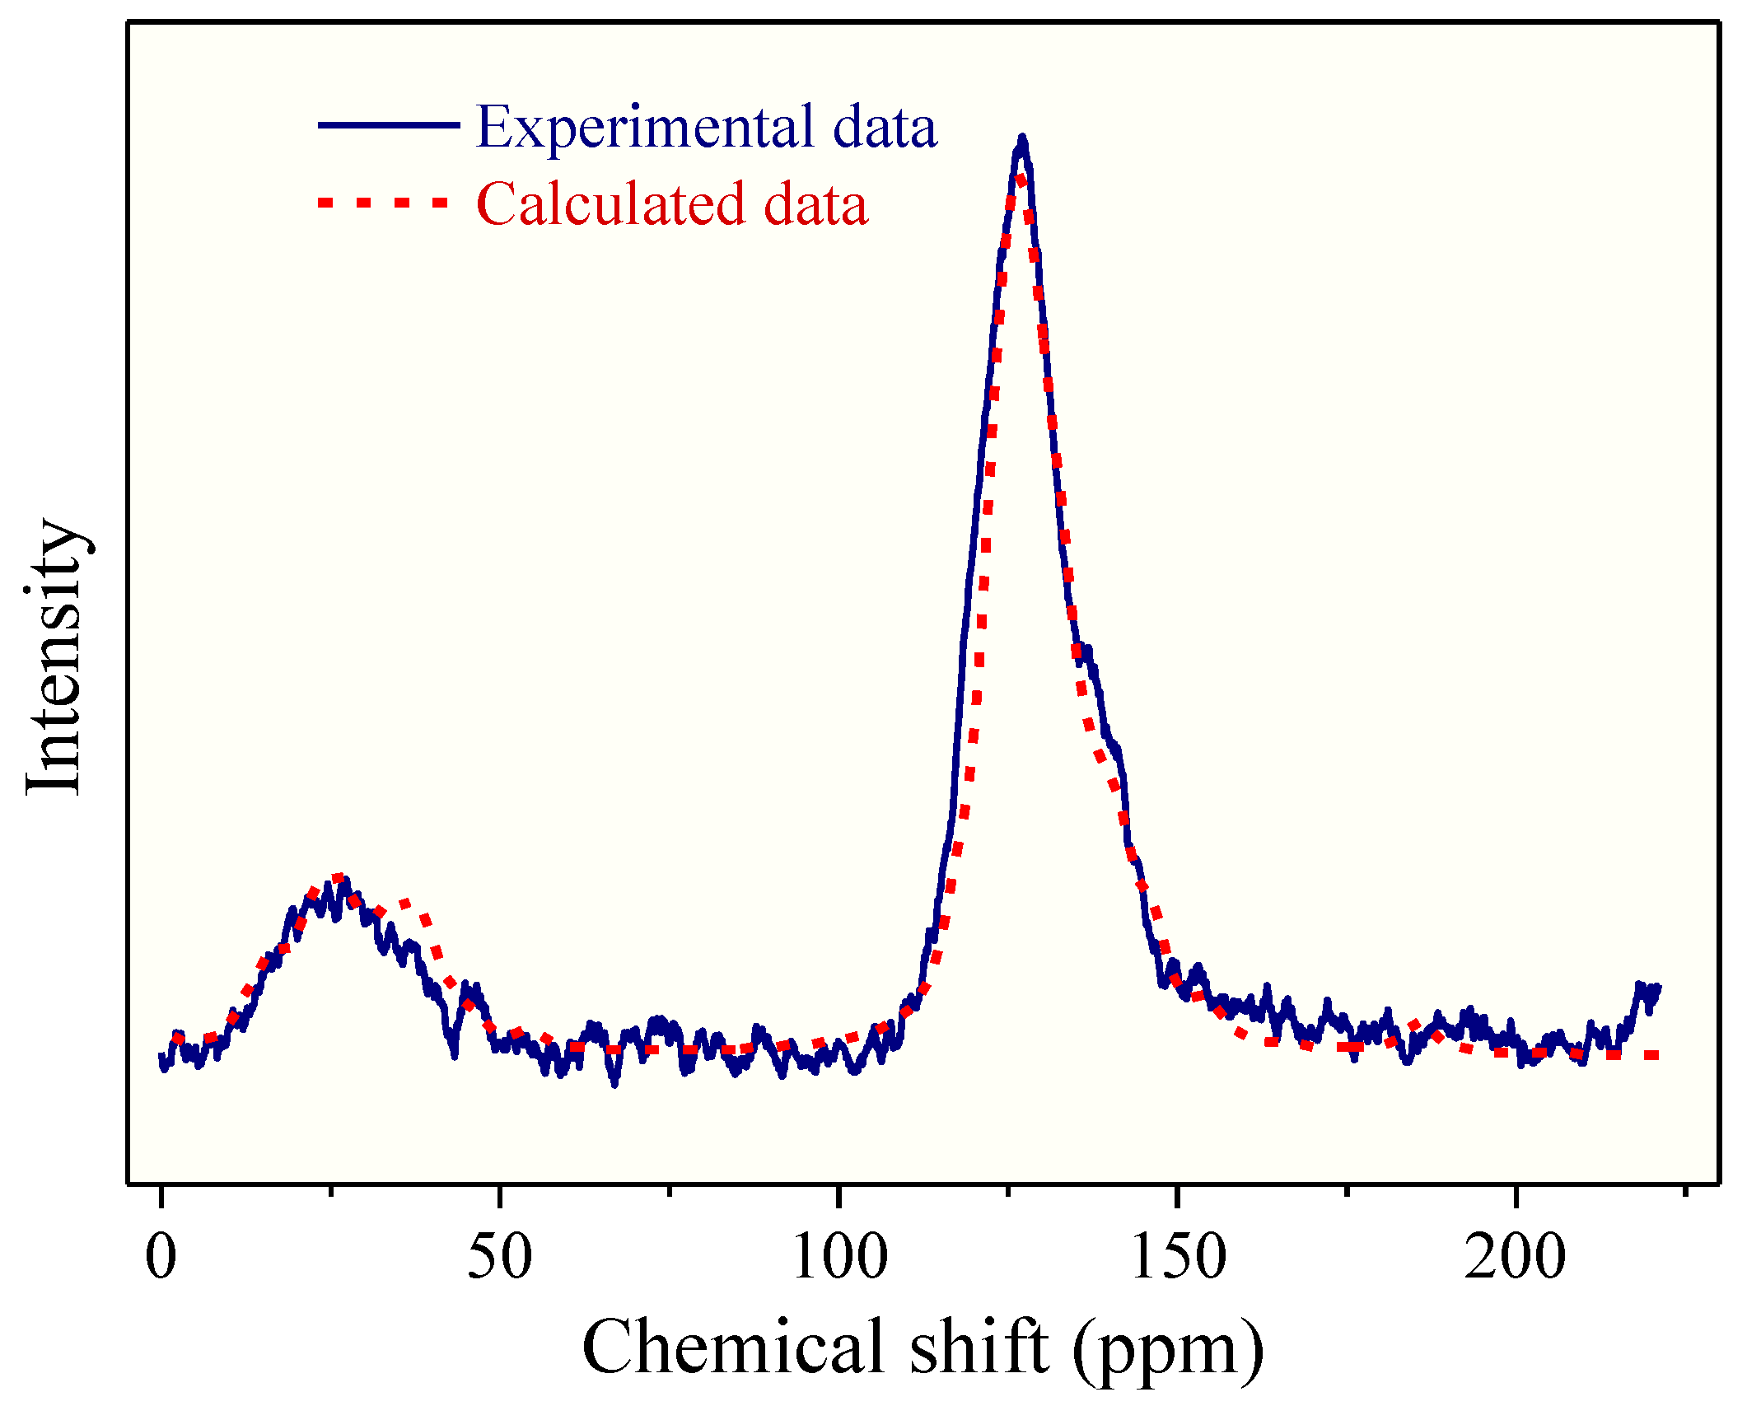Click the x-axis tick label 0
161,1259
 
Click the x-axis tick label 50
499,1259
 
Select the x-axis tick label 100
838,1259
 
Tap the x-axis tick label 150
1178,1259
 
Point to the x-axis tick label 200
1515,1259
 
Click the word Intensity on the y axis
54,657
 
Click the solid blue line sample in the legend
388,124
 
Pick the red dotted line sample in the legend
384,202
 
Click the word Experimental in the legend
643,128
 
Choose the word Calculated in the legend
610,204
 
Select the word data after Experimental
885,128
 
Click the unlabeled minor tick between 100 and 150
1008,1190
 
